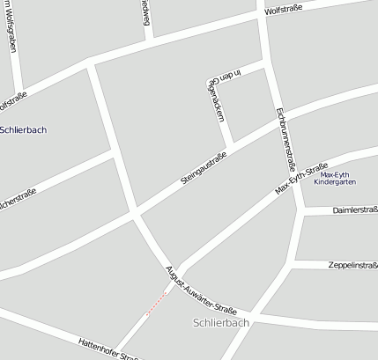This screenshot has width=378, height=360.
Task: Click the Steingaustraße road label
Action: [204, 168]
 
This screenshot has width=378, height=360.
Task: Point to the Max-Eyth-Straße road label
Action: [301, 180]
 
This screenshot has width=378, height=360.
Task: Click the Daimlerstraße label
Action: [354, 210]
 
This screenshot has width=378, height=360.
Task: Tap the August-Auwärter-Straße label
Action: [202, 284]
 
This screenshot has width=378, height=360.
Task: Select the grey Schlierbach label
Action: [220, 323]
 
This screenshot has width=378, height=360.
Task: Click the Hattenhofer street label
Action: [108, 349]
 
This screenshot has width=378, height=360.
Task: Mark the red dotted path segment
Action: [156, 302]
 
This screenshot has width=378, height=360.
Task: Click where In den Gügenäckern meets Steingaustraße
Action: [233, 145]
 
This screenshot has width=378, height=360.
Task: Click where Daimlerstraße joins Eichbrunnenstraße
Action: [303, 211]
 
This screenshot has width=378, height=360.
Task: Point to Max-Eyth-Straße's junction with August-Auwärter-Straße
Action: [182, 268]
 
